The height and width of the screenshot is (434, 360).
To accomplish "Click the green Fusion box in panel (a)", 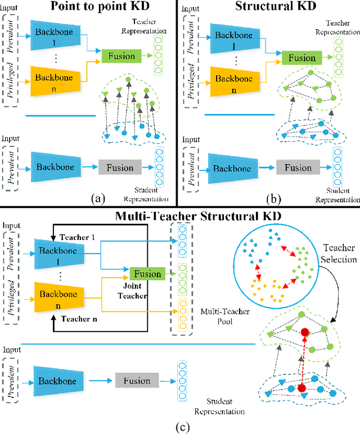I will tap(119, 55).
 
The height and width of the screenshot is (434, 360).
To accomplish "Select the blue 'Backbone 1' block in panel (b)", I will tap(232, 35).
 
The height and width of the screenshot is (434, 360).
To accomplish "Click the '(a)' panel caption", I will tap(98, 197).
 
